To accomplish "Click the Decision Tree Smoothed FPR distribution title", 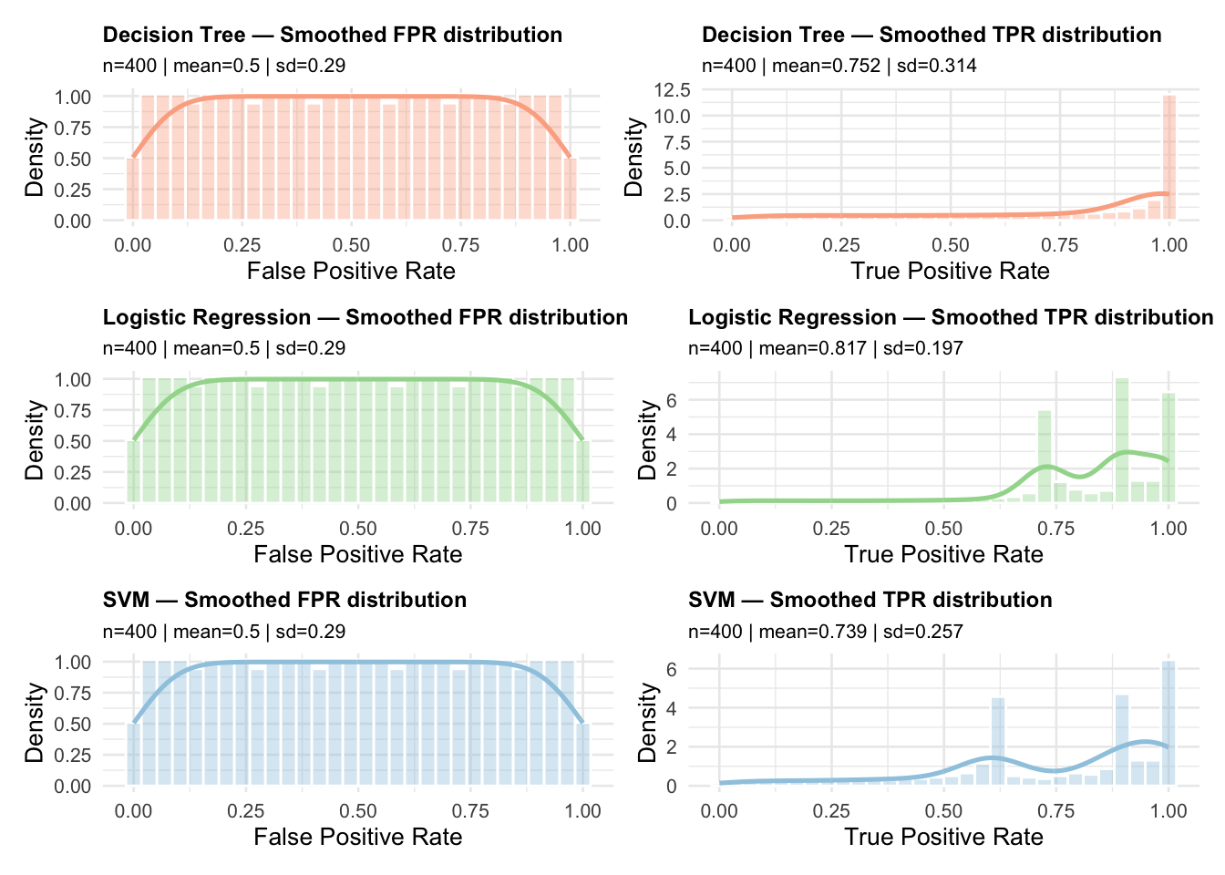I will [x=332, y=35].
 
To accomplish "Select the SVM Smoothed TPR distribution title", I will [x=870, y=600].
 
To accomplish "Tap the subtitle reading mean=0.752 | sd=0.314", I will [x=839, y=66].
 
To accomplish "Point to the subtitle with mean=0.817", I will [x=825, y=348].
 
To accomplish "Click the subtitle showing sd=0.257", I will [x=825, y=632].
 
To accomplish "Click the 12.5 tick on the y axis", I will [x=672, y=89].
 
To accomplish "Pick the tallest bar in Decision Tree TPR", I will [x=1169, y=158].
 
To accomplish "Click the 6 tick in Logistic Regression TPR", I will [x=671, y=399].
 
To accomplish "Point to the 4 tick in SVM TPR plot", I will [x=671, y=707].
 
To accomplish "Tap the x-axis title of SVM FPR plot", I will [x=357, y=837].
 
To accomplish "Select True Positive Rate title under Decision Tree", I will [x=950, y=271].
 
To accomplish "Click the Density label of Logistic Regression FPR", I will [x=35, y=440].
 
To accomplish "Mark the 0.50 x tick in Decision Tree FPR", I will [x=351, y=244].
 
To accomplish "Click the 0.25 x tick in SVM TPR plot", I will [x=831, y=810].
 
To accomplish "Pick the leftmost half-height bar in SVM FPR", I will [x=133, y=755].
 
